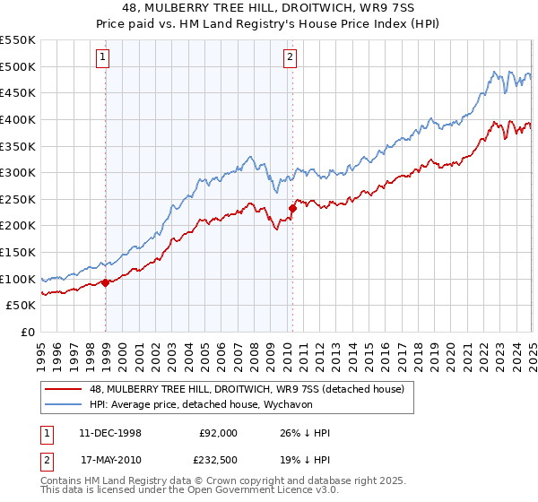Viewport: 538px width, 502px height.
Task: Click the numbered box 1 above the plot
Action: coord(104,59)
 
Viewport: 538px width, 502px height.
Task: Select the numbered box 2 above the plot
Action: coord(291,59)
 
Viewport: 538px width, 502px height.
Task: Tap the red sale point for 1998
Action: coord(106,282)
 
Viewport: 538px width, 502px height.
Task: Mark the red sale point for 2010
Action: coord(292,208)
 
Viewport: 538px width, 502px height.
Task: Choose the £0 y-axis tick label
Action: coord(27,332)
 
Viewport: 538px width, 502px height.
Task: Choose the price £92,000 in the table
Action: coord(218,433)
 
